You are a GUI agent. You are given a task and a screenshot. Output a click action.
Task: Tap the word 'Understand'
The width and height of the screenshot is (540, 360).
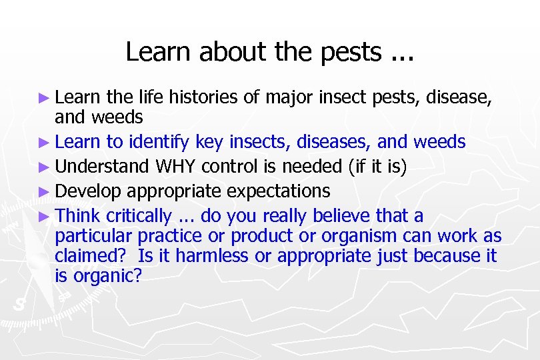pyautogui.click(x=103, y=166)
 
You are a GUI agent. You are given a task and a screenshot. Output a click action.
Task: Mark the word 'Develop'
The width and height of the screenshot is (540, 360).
pyautogui.click(x=89, y=191)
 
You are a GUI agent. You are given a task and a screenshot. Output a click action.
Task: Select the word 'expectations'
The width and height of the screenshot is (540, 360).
pyautogui.click(x=279, y=191)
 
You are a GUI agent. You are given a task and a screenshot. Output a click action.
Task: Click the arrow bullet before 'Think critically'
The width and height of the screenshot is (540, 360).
pyautogui.click(x=44, y=217)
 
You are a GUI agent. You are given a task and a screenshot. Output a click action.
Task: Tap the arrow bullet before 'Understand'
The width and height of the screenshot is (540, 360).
pyautogui.click(x=44, y=167)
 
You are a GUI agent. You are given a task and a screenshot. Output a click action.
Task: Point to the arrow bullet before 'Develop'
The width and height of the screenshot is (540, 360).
pyautogui.click(x=44, y=192)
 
